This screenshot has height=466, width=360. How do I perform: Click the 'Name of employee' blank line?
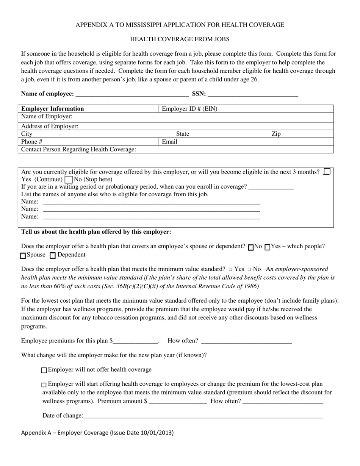(x=132, y=94)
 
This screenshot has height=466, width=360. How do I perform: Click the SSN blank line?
(x=253, y=94)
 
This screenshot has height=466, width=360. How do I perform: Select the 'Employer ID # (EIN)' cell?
(x=189, y=109)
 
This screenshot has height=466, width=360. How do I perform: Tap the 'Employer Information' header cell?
(x=53, y=109)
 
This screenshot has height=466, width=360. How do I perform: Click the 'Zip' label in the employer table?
(x=276, y=134)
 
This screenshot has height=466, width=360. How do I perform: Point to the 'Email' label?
(x=169, y=142)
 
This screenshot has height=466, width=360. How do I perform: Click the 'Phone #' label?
(x=32, y=142)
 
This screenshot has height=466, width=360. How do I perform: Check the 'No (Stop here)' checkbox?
(x=69, y=179)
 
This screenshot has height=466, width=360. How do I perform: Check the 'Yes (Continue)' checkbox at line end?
(x=327, y=172)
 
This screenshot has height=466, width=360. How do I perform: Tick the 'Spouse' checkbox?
(x=23, y=255)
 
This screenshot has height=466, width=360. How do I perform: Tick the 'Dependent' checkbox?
(x=53, y=255)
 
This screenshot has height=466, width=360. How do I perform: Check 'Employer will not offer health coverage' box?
(x=44, y=370)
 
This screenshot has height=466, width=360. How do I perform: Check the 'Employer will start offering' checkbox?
(x=44, y=385)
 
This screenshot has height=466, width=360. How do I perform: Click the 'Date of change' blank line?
(x=203, y=416)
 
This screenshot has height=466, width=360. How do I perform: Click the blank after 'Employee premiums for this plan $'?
(x=135, y=341)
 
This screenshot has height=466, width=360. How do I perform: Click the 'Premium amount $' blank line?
(x=178, y=402)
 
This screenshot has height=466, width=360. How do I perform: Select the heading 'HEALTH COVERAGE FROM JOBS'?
(x=180, y=39)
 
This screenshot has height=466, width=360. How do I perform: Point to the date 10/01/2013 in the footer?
(x=156, y=433)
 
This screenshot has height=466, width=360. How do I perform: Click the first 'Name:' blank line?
(x=152, y=202)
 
